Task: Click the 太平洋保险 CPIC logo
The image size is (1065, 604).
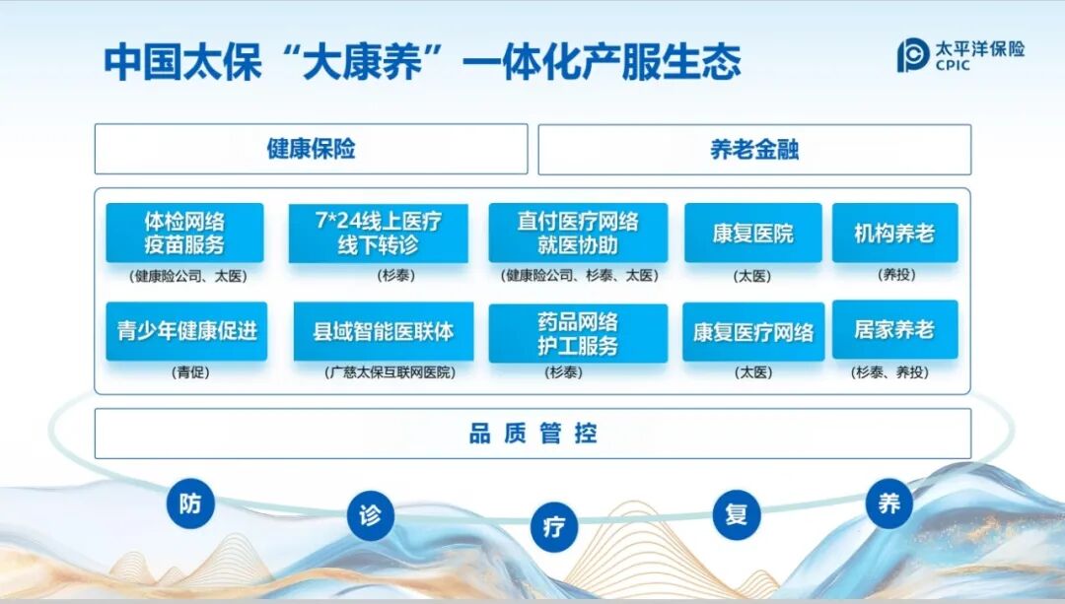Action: click(x=959, y=55)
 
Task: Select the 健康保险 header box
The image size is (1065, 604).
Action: click(x=311, y=150)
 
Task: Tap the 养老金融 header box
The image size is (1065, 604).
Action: click(x=753, y=150)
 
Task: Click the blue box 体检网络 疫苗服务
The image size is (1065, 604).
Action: click(x=184, y=234)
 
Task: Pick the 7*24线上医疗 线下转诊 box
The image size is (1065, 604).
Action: click(x=378, y=234)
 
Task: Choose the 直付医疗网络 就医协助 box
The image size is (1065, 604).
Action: click(x=578, y=234)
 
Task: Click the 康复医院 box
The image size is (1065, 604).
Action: click(x=752, y=234)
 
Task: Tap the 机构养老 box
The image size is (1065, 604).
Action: click(x=894, y=234)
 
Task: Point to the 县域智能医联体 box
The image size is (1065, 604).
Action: click(x=384, y=331)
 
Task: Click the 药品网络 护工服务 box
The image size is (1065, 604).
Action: click(x=578, y=333)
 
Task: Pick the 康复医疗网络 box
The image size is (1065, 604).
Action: click(x=753, y=332)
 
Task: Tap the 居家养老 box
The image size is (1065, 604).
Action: click(x=894, y=330)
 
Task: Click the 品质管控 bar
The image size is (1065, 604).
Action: click(x=532, y=434)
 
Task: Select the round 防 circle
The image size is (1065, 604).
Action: click(x=190, y=503)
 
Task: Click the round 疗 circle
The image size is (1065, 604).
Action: click(x=554, y=526)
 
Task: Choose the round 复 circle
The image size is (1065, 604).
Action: click(x=737, y=514)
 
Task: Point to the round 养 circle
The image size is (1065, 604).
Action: click(x=889, y=503)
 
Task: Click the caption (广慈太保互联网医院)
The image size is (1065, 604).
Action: click(x=390, y=373)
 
